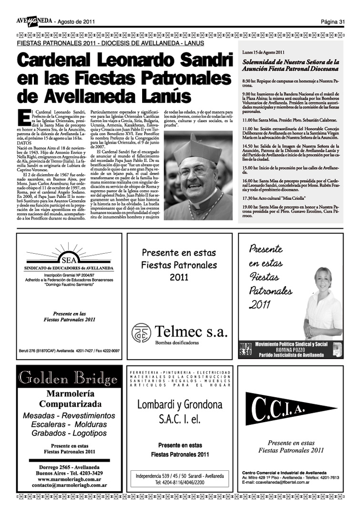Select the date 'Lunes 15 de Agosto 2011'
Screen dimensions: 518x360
264,52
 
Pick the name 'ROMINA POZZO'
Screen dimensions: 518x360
290,350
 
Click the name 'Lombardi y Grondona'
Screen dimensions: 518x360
180,405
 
